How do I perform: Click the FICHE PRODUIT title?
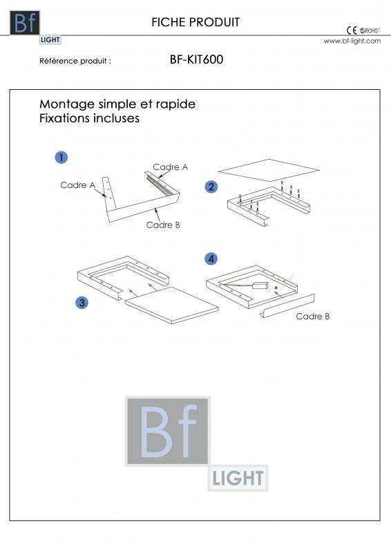coord(195,22)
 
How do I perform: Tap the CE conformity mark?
coord(350,30)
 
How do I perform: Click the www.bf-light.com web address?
coord(352,41)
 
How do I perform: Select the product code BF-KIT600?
coord(196,60)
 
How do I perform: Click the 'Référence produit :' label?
coord(75,61)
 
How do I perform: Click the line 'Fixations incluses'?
coord(89,118)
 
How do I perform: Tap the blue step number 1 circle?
coord(61,158)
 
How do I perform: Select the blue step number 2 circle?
coord(211,186)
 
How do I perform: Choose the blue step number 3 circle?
coord(82,302)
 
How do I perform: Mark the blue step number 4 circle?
coord(211,259)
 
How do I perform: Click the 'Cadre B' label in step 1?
coord(163,225)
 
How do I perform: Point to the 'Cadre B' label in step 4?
coord(312,316)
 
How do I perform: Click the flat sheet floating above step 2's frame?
coord(268,169)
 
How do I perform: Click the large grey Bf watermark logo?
coord(168,431)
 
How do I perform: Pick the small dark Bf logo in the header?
coord(25,23)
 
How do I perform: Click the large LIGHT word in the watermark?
coord(238,478)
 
